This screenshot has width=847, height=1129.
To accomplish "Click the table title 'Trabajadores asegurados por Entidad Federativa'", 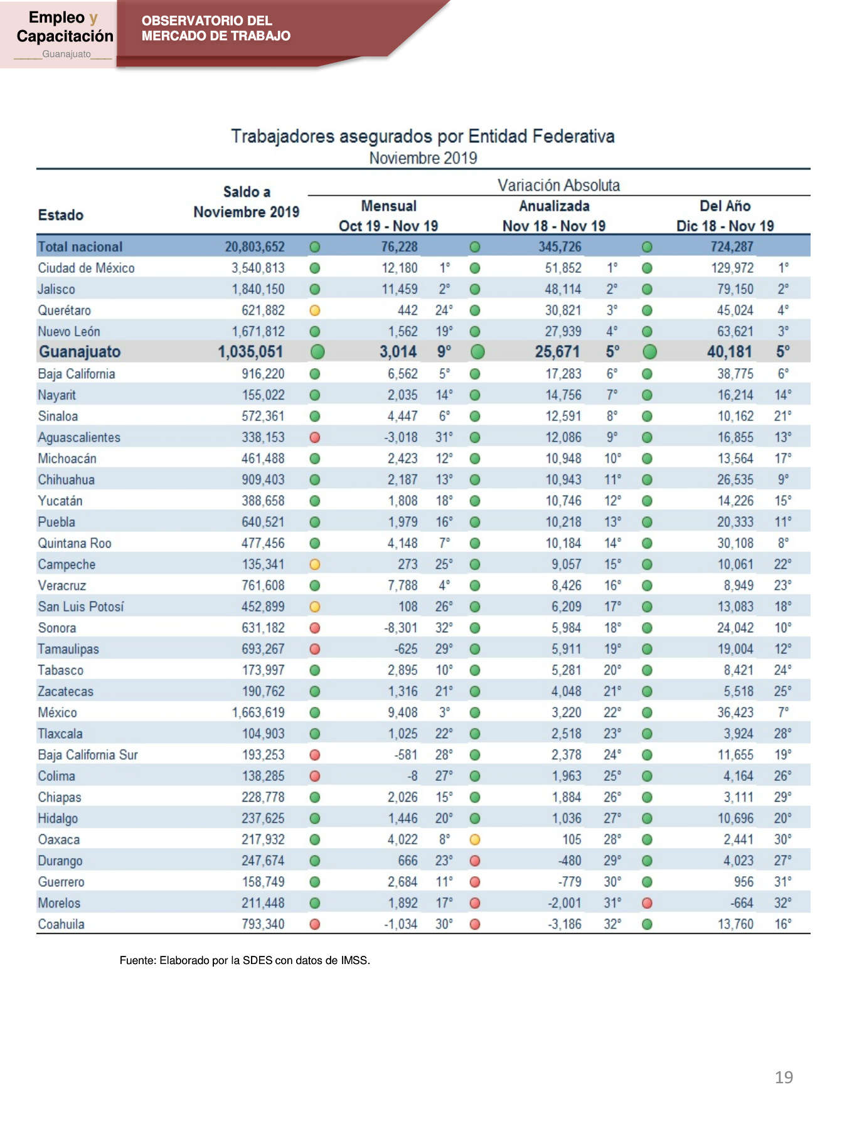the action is tap(423, 136).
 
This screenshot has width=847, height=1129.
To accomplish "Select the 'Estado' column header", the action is tap(61, 215).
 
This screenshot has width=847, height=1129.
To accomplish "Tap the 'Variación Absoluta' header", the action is tap(558, 185).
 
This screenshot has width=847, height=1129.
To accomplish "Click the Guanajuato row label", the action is tap(80, 352).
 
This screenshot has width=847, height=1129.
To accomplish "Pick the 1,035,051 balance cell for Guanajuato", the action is tap(250, 352).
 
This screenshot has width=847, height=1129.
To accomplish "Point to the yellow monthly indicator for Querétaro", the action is tap(315, 310).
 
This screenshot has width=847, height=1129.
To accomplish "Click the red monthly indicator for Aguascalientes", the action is tap(315, 437).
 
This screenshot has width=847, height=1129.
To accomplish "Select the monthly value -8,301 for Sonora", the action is tap(401, 628).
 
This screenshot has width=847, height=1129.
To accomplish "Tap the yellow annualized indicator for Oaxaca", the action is tap(475, 839).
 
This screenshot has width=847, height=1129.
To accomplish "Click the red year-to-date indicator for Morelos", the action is tap(647, 903).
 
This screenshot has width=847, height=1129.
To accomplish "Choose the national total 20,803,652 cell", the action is tap(255, 247).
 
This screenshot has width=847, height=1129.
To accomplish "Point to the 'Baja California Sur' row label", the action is tap(88, 755).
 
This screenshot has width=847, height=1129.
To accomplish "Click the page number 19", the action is tap(784, 1078).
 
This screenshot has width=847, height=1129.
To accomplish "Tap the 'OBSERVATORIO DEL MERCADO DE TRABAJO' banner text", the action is tap(216, 28).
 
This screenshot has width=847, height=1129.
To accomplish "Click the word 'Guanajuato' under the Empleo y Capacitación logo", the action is tap(67, 54).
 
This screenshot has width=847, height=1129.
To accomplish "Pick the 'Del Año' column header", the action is tap(725, 206).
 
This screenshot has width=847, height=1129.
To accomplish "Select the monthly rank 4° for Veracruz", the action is tap(444, 585).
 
